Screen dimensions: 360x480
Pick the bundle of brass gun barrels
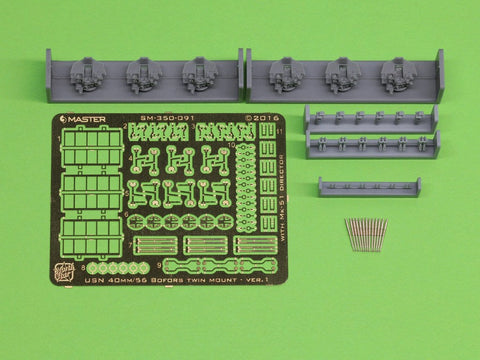[x=366, y=233]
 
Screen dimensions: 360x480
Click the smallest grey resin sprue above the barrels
[x=369, y=186]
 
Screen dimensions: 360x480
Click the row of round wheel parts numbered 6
[x=179, y=222]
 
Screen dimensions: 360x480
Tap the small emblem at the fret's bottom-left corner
[x=67, y=271]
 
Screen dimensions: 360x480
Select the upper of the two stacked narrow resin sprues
[x=371, y=117]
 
